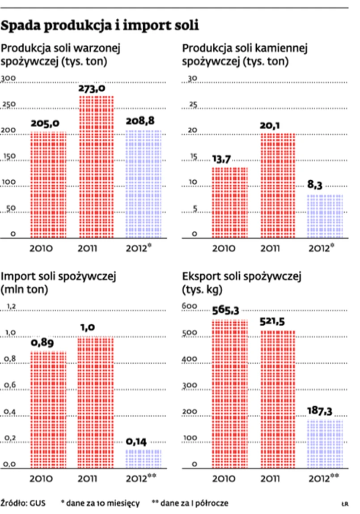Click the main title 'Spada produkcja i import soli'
tap(100, 26)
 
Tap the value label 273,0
tap(92, 89)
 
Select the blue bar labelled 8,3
tap(325, 216)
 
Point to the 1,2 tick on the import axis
tap(11, 307)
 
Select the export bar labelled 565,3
tap(229, 392)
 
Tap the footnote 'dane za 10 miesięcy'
tap(103, 503)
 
